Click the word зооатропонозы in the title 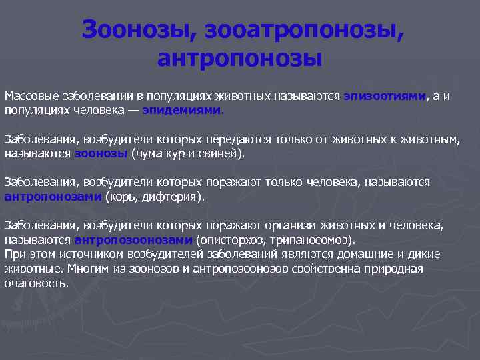click(304, 29)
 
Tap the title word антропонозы click(240, 59)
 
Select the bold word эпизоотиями click(385, 96)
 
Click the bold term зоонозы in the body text click(100, 153)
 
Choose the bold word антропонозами click(53, 197)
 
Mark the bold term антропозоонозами click(133, 240)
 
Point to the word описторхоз click(227, 240)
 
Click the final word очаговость click(36, 283)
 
